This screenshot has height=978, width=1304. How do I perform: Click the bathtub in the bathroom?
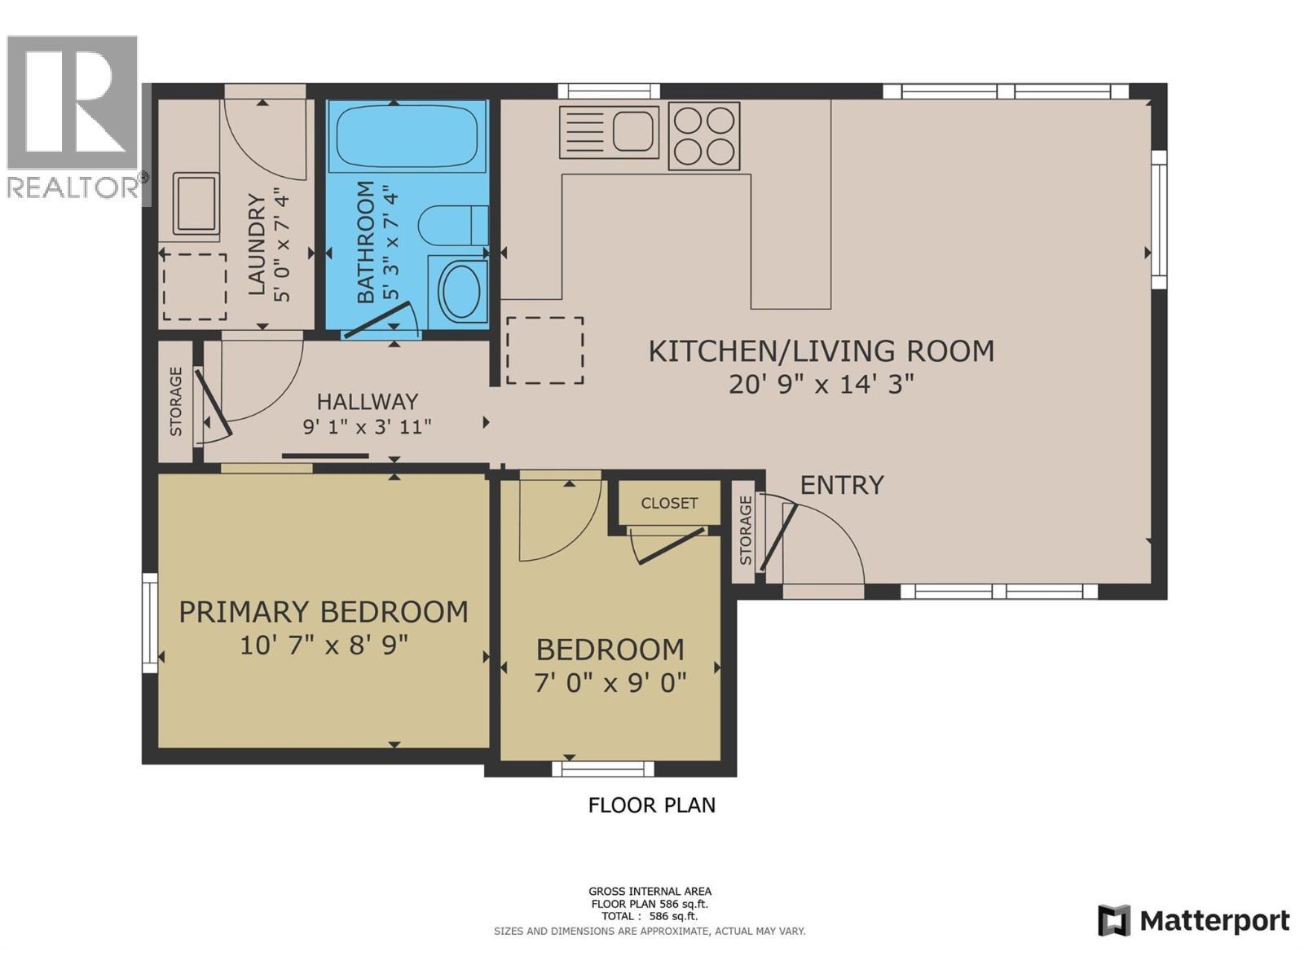click(x=410, y=136)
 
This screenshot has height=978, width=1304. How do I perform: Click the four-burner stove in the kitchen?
click(x=704, y=136)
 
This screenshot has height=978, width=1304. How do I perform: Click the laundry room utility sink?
click(x=196, y=203)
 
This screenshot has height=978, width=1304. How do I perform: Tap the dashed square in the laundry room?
click(x=195, y=287)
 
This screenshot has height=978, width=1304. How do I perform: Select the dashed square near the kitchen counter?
click(x=544, y=350)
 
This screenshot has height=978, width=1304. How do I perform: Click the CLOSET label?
click(x=669, y=503)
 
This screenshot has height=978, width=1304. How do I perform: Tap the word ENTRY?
click(x=842, y=485)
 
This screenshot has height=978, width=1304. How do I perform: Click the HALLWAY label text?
click(x=367, y=402)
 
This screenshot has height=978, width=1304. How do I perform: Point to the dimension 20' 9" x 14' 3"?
click(x=821, y=384)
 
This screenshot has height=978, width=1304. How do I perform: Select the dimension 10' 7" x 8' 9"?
click(x=324, y=645)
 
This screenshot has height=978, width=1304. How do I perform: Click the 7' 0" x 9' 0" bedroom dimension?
click(x=610, y=683)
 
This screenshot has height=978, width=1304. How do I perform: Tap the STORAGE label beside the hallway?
click(x=176, y=401)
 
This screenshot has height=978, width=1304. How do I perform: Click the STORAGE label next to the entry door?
click(x=745, y=531)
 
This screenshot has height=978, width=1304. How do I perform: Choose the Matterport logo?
click(x=1193, y=921)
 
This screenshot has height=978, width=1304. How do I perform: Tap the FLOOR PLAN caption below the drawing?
click(x=651, y=805)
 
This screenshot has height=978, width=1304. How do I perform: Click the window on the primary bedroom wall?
click(x=150, y=623)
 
